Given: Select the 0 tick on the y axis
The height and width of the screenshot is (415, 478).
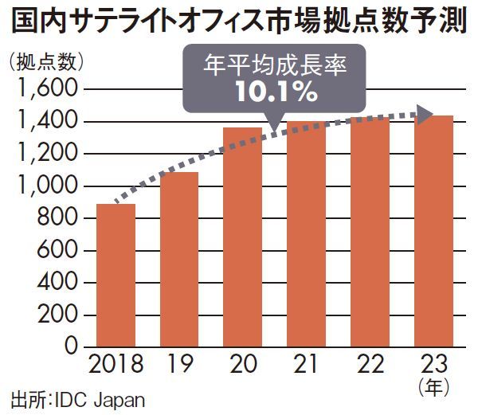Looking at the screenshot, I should point(70,347).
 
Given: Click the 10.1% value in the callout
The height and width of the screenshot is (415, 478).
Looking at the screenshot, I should point(276,92).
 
